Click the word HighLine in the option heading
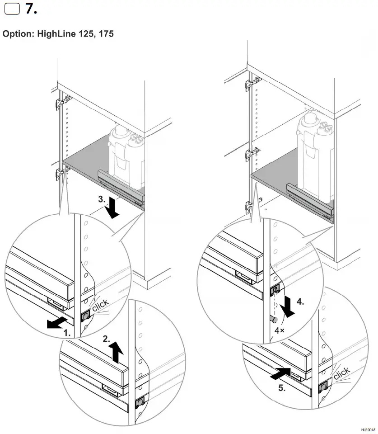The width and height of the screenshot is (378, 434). [x=56, y=34]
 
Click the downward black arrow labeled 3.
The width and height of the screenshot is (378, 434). [x=113, y=209]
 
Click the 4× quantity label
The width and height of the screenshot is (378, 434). [x=279, y=331]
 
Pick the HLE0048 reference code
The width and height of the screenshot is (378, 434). [x=368, y=429]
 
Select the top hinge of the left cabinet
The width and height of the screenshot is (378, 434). [x=59, y=104]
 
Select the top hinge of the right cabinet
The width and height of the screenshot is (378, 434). [x=248, y=83]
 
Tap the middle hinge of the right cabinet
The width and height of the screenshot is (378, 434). [x=249, y=155]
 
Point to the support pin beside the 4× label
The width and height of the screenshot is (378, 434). [x=274, y=319]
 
